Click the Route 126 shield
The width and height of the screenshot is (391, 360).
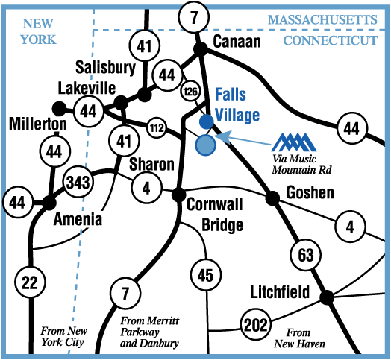[190, 92]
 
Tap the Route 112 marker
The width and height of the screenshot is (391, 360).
[157, 127]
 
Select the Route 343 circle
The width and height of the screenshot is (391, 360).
[78, 183]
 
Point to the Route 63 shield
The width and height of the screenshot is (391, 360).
[306, 255]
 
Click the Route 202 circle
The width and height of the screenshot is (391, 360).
[256, 324]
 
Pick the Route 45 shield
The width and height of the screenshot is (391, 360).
[206, 275]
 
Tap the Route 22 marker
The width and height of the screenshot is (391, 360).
[30, 282]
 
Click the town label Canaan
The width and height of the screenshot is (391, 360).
[237, 41]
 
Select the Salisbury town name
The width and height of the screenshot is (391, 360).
[105, 67]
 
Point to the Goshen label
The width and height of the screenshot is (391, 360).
[310, 192]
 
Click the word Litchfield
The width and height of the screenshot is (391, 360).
[280, 291]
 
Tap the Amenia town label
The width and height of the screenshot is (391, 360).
[78, 219]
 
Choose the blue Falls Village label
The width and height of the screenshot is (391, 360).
[237, 104]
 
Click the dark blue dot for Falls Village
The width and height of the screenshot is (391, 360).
[207, 121]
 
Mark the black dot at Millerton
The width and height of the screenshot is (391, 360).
[60, 109]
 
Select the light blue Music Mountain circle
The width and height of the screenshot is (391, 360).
[205, 145]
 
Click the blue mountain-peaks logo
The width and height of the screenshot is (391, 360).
[294, 142]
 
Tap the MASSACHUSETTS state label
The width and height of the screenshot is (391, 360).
[322, 20]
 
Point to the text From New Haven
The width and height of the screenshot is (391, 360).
[300, 338]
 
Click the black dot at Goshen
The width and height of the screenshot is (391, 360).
[272, 198]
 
